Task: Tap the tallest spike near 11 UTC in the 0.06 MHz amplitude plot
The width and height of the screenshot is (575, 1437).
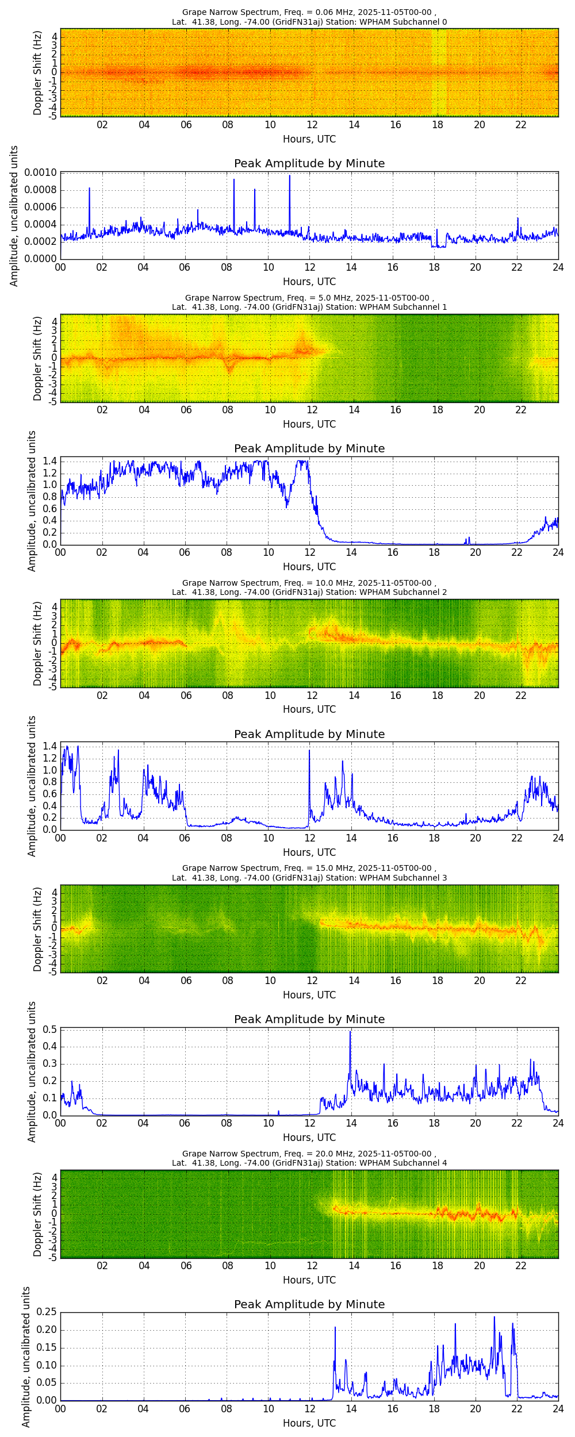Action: click(x=290, y=176)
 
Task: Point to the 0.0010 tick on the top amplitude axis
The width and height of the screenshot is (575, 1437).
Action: click(x=40, y=173)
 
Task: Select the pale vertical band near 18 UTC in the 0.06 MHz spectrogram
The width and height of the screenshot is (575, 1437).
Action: click(x=439, y=72)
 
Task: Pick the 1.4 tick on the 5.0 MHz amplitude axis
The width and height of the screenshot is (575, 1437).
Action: click(x=50, y=461)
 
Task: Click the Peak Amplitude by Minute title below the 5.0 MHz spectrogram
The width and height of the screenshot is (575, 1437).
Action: click(x=309, y=448)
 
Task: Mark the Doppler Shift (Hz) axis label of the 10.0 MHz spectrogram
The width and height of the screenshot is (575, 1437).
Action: click(x=38, y=643)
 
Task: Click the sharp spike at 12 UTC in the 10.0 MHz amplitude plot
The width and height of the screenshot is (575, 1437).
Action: click(x=309, y=750)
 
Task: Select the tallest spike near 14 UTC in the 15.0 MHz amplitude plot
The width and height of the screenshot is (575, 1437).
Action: click(x=350, y=1032)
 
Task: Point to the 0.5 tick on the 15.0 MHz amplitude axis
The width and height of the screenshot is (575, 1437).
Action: click(x=50, y=1029)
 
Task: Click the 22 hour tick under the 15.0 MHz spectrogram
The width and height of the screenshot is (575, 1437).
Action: click(x=521, y=981)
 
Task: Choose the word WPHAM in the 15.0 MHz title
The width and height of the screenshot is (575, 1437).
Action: click(x=375, y=878)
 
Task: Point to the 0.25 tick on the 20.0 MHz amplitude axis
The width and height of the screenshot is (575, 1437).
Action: click(x=46, y=1312)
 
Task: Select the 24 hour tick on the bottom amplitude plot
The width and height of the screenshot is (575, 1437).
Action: click(x=558, y=1409)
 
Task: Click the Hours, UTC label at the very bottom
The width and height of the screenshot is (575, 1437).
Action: click(x=309, y=1423)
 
